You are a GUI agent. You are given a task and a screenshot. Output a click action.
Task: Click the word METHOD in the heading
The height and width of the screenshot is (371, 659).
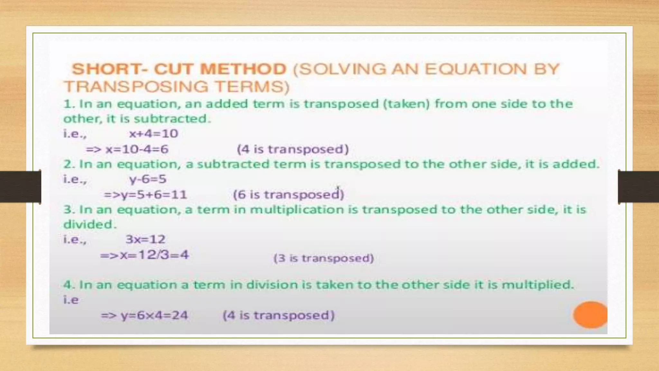pyautogui.click(x=243, y=69)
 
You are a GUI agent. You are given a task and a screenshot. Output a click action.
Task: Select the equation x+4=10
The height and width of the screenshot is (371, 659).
pyautogui.click(x=153, y=134)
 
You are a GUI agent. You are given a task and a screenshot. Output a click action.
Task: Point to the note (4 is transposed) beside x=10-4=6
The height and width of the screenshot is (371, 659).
pyautogui.click(x=293, y=149)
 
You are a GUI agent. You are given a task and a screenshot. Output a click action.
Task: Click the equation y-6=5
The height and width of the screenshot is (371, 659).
pyautogui.click(x=148, y=179)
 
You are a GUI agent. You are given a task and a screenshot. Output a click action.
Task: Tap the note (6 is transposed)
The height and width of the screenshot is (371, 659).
pyautogui.click(x=289, y=195)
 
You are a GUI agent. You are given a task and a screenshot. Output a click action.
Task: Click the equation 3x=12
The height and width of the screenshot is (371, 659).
pyautogui.click(x=145, y=239)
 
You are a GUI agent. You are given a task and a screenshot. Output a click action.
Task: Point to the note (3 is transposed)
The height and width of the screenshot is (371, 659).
pyautogui.click(x=324, y=258)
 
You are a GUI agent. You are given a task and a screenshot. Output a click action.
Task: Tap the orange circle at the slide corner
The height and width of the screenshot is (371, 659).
pyautogui.click(x=590, y=315)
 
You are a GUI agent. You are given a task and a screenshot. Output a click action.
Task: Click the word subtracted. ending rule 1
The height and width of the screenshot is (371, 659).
pyautogui.click(x=172, y=119)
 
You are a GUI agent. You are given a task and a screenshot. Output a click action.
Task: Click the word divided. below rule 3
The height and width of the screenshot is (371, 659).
pyautogui.click(x=90, y=224)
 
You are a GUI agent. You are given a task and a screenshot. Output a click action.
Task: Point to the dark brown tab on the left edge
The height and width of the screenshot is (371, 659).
pyautogui.click(x=20, y=187)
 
